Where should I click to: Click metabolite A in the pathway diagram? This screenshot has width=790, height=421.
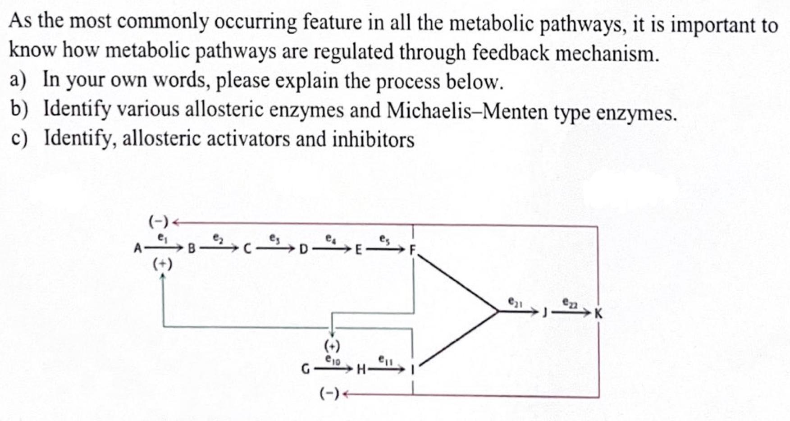pyautogui.click(x=138, y=248)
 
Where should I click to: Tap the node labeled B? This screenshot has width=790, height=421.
pyautogui.click(x=191, y=248)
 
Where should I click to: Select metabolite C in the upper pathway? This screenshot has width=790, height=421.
pyautogui.click(x=247, y=249)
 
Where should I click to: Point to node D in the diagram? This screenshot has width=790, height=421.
pyautogui.click(x=304, y=249)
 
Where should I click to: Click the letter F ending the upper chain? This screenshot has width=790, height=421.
pyautogui.click(x=412, y=250)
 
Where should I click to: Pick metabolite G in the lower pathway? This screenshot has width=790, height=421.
pyautogui.click(x=305, y=370)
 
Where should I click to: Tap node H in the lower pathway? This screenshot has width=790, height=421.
pyautogui.click(x=361, y=371)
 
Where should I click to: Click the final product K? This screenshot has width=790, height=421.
pyautogui.click(x=598, y=313)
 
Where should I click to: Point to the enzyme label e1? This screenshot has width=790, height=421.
pyautogui.click(x=161, y=236)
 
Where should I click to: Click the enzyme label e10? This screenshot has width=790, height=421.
pyautogui.click(x=333, y=360)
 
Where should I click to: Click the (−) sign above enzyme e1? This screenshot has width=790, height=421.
pyautogui.click(x=158, y=221)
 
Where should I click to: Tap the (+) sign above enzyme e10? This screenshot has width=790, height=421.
pyautogui.click(x=332, y=346)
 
